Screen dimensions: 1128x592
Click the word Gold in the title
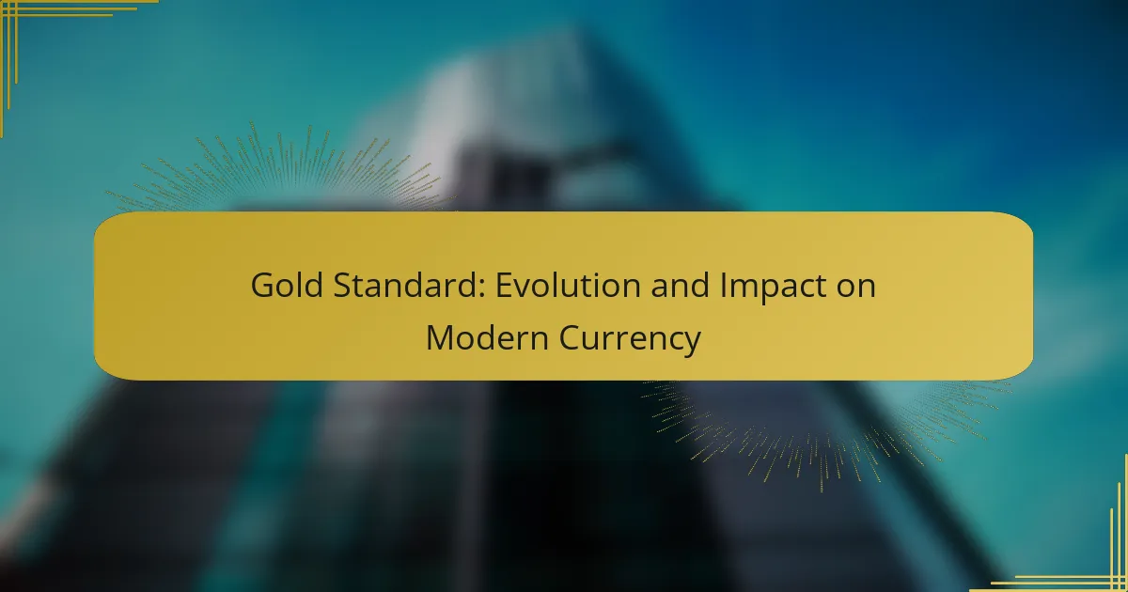click(287, 285)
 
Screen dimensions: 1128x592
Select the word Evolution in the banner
click(568, 285)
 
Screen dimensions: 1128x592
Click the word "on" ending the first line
click(856, 288)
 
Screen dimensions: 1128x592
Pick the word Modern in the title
click(488, 337)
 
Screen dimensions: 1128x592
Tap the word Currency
click(630, 340)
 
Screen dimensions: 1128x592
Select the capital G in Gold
click(262, 286)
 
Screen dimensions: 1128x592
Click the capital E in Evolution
click(504, 286)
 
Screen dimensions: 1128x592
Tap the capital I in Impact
click(723, 286)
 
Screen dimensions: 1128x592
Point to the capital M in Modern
click(440, 337)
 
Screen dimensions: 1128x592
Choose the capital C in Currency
click(570, 337)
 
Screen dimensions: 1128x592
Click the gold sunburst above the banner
click(282, 167)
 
